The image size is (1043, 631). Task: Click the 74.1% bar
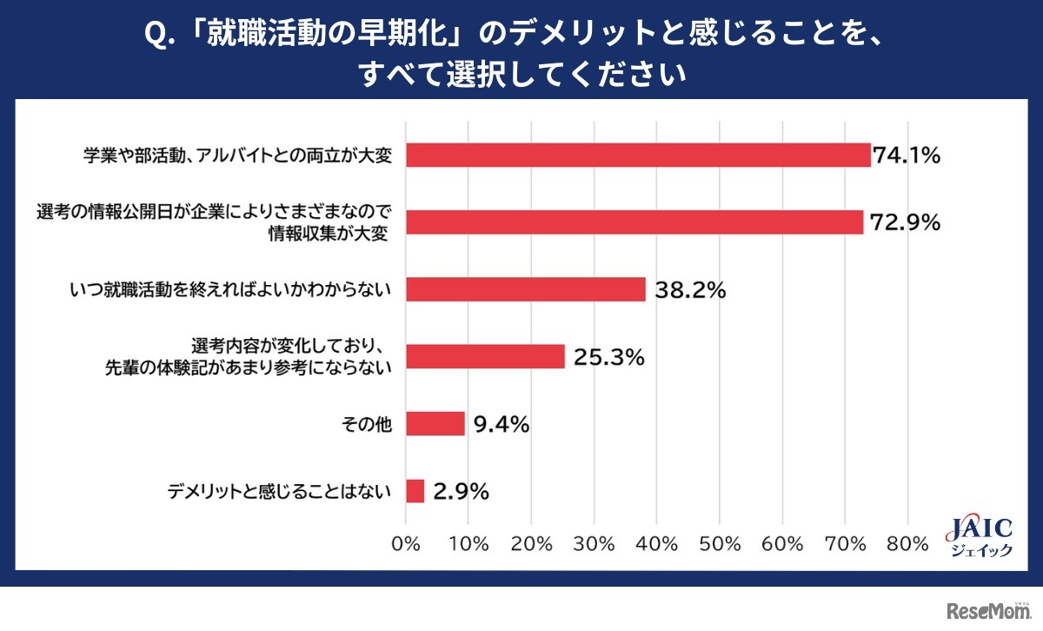click(638, 155)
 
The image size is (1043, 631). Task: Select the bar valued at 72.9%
click(634, 222)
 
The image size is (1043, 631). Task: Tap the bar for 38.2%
click(526, 289)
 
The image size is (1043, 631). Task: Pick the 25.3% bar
click(485, 356)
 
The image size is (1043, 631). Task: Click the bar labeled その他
click(435, 424)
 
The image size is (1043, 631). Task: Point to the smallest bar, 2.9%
click(415, 491)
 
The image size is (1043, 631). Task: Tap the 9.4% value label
click(502, 425)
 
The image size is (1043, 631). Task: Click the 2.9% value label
click(461, 492)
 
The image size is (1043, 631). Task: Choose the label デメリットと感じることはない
click(280, 492)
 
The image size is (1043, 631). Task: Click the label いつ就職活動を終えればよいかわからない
click(230, 290)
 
